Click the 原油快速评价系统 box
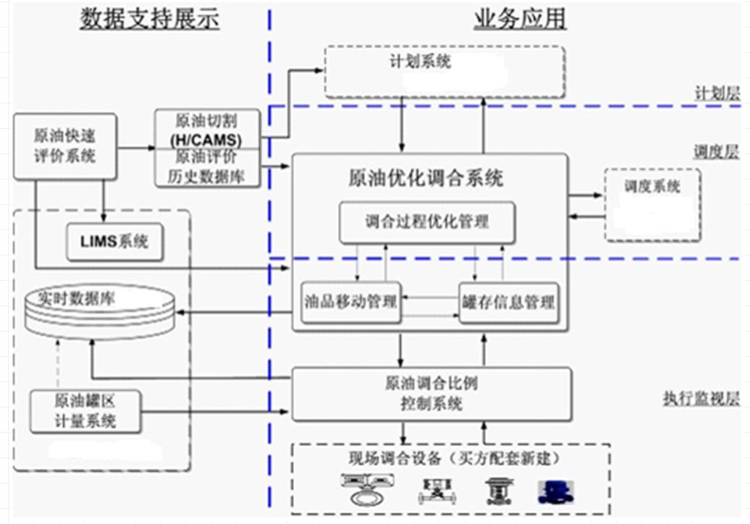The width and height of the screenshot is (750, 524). [x=65, y=145]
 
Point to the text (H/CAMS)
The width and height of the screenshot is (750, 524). [x=206, y=139]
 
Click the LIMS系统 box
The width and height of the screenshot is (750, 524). [x=116, y=242]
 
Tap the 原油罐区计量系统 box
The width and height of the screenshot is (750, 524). [x=85, y=410]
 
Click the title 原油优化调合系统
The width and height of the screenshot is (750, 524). [x=426, y=178]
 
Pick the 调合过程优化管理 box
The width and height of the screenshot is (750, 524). [x=427, y=222]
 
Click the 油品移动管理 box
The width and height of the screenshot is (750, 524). [x=351, y=303]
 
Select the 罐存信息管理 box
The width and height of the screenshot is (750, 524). [x=509, y=303]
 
